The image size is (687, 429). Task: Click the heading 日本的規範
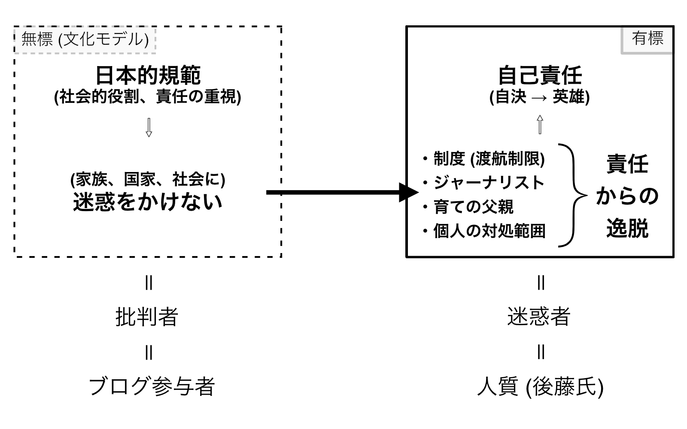(x=148, y=75)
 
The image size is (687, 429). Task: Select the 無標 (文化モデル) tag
(x=85, y=40)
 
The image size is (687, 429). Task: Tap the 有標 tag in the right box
(x=647, y=39)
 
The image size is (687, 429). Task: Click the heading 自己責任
(x=540, y=75)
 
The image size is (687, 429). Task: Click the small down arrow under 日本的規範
(x=149, y=127)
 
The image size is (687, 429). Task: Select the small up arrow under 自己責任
(x=540, y=125)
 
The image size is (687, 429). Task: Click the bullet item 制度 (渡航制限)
(x=489, y=159)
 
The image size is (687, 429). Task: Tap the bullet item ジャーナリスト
(x=489, y=183)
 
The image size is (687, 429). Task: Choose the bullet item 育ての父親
(x=473, y=207)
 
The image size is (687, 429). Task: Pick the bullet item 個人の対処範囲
(x=489, y=231)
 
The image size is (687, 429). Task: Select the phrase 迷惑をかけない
(x=148, y=202)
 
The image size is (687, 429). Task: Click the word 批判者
(x=147, y=317)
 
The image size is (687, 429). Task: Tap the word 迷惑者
(x=539, y=317)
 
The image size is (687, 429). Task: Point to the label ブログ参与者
(x=152, y=387)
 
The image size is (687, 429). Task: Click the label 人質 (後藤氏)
(x=541, y=387)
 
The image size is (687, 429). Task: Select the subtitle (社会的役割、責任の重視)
(x=148, y=97)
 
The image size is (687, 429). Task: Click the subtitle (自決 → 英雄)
(x=540, y=97)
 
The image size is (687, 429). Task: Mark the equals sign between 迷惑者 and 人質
(x=541, y=352)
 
